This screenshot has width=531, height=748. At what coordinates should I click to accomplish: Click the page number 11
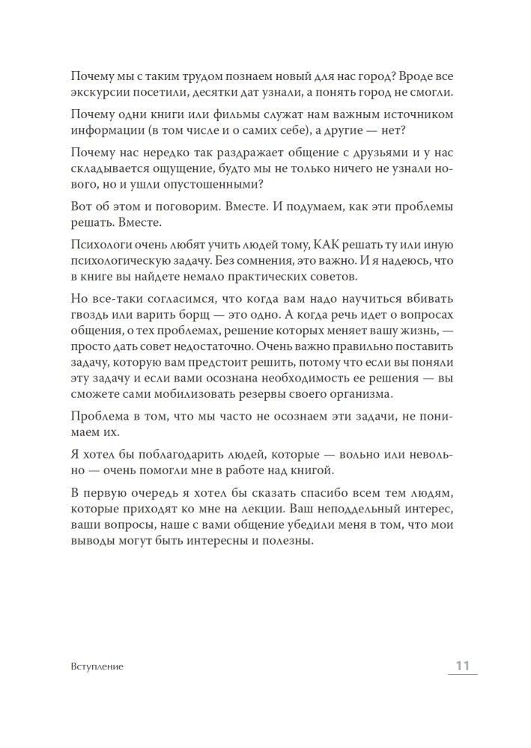461,666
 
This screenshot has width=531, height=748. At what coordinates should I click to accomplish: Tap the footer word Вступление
94,666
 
